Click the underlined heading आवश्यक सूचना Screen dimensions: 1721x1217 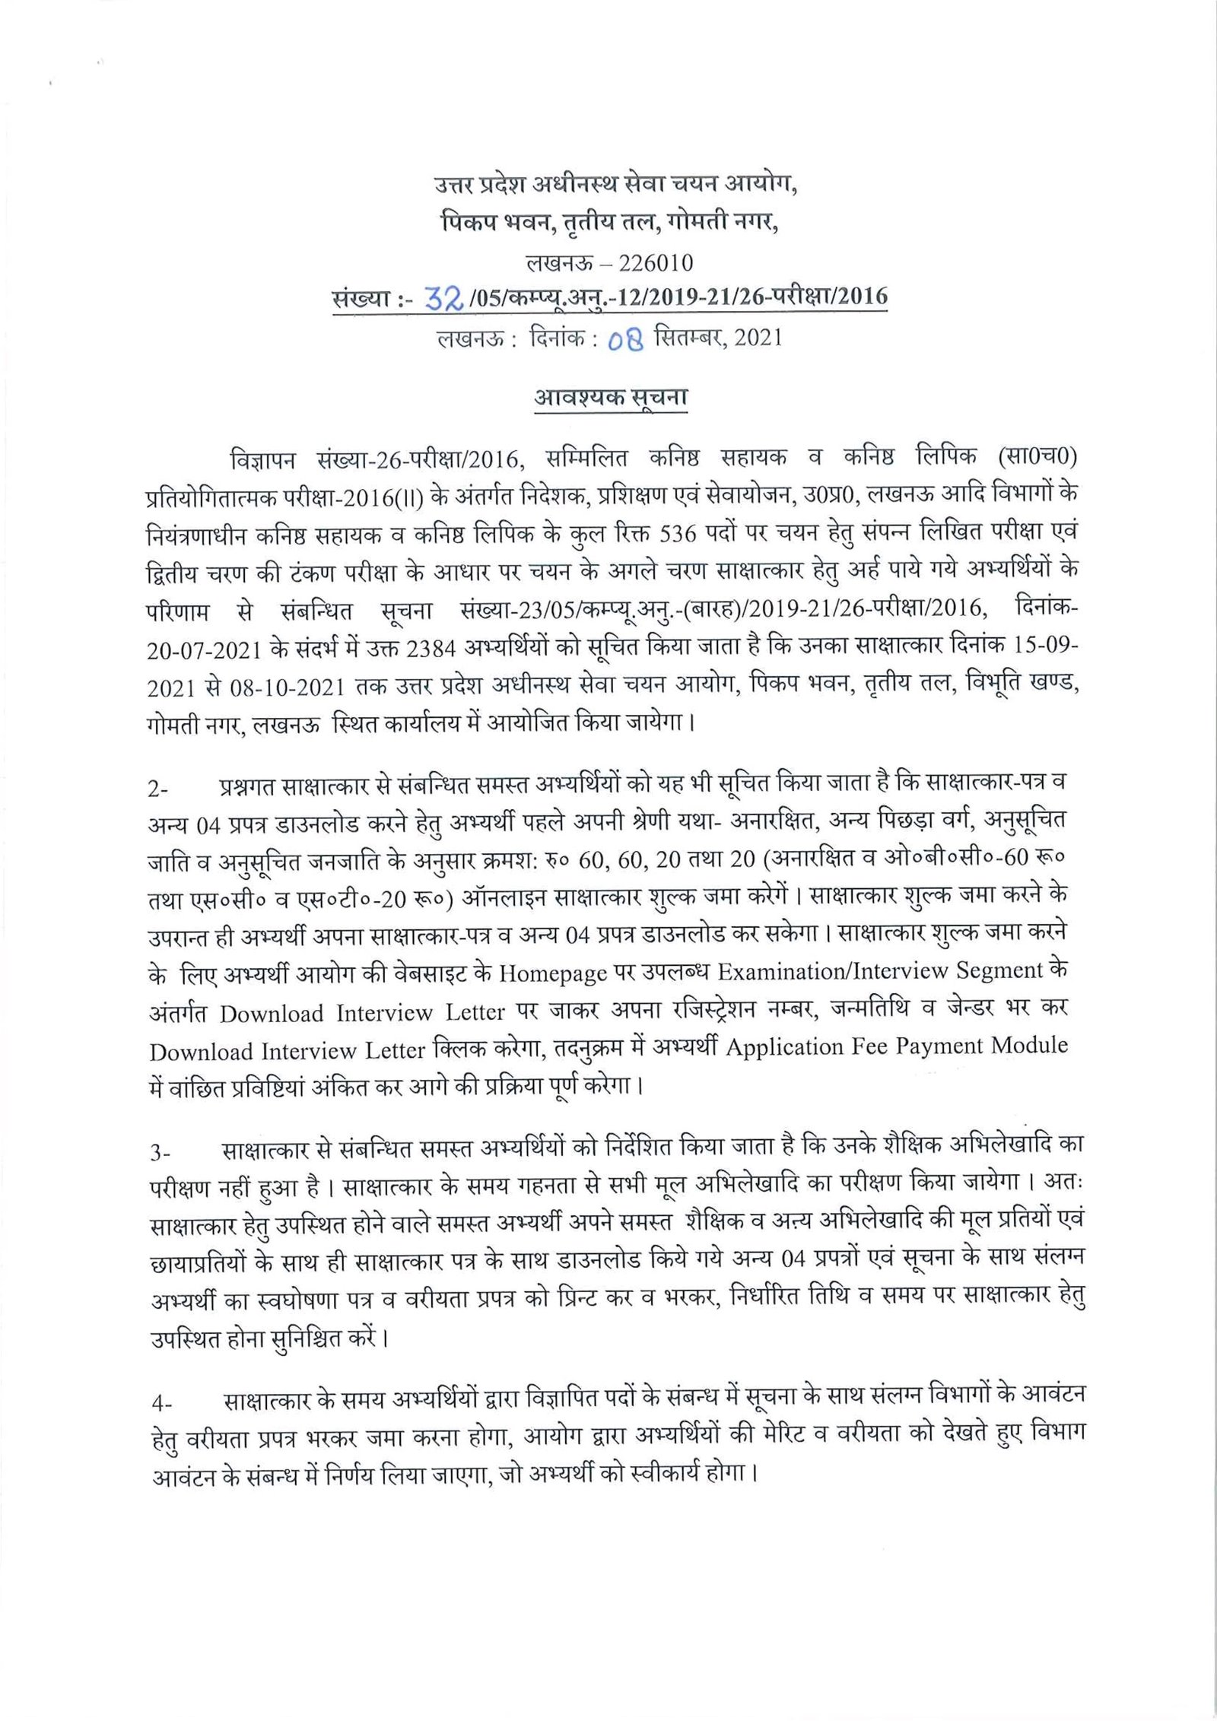pos(611,398)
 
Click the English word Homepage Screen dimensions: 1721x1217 pos(553,973)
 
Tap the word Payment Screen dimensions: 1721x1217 pos(939,1047)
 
